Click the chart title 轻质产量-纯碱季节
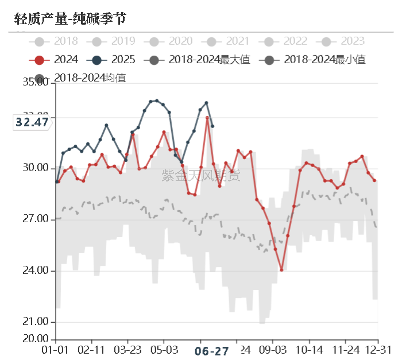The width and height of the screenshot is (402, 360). [x=70, y=19]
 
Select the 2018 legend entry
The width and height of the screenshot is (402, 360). [x=57, y=41]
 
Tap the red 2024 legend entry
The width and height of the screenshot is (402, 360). [x=57, y=60]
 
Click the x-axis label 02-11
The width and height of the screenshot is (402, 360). [x=91, y=350]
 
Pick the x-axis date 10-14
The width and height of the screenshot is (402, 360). [x=309, y=350]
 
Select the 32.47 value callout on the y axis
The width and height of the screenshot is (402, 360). [x=32, y=122]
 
